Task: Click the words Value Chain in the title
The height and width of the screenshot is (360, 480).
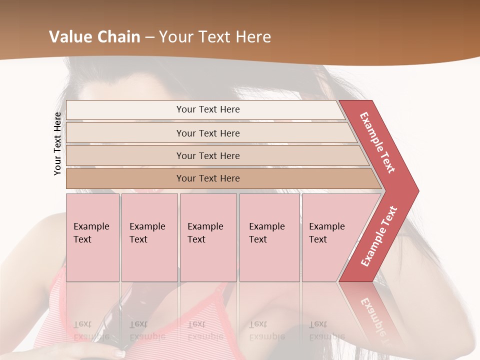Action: click(x=94, y=37)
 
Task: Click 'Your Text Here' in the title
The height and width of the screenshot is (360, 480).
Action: click(x=215, y=37)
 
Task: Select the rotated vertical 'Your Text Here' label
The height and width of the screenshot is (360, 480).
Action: click(x=57, y=144)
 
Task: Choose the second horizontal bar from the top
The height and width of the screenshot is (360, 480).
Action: click(x=207, y=133)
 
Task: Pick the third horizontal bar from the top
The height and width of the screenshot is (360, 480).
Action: click(x=207, y=155)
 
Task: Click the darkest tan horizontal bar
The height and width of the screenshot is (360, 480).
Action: click(x=207, y=178)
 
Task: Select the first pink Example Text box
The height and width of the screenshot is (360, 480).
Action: click(x=92, y=237)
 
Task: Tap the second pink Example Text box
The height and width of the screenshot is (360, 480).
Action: click(x=149, y=237)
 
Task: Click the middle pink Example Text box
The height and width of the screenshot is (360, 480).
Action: click(x=208, y=237)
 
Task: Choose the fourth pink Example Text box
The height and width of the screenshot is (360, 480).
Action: click(x=269, y=237)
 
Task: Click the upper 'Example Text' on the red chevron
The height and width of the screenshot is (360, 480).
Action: click(x=377, y=142)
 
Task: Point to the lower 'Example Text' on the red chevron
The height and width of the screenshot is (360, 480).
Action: click(x=379, y=236)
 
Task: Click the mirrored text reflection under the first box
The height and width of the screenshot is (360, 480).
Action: click(x=91, y=330)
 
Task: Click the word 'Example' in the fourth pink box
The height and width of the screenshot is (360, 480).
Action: click(x=267, y=226)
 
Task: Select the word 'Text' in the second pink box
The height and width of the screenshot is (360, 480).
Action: click(x=138, y=239)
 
